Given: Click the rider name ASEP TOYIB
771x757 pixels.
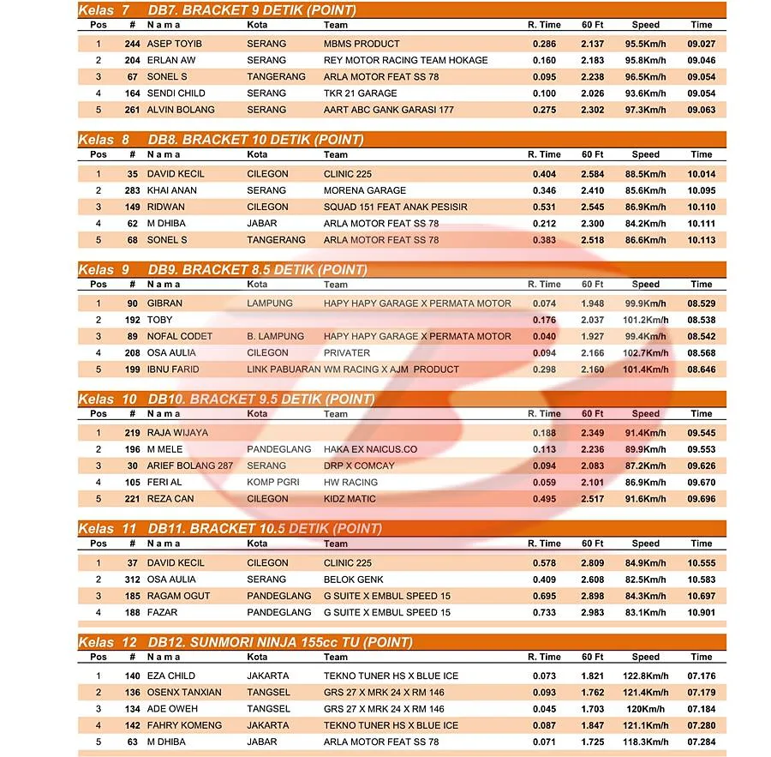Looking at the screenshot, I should (x=174, y=44).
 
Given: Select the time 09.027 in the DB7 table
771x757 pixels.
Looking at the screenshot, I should (x=701, y=44).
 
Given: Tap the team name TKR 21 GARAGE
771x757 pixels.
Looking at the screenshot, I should (x=360, y=93).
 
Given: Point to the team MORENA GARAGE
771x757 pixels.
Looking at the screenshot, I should (x=364, y=190).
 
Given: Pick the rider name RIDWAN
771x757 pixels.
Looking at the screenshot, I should (x=166, y=207).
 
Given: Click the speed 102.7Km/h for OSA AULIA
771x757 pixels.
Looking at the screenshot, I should (x=646, y=353).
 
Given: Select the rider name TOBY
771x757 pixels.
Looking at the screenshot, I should (x=159, y=320).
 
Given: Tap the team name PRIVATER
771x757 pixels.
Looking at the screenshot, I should (x=347, y=353).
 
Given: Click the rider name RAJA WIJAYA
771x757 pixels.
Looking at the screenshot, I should (x=177, y=433).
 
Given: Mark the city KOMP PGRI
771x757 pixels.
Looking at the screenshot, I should (x=273, y=483).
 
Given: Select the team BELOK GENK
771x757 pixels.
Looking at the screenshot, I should (x=353, y=580).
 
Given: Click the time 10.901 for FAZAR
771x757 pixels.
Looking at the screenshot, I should (x=701, y=613).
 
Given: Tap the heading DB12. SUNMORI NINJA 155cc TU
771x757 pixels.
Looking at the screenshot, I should (x=279, y=642).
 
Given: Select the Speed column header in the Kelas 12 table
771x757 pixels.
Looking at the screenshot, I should (x=646, y=658).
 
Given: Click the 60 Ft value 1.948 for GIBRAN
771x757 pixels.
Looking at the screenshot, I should (x=592, y=303).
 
